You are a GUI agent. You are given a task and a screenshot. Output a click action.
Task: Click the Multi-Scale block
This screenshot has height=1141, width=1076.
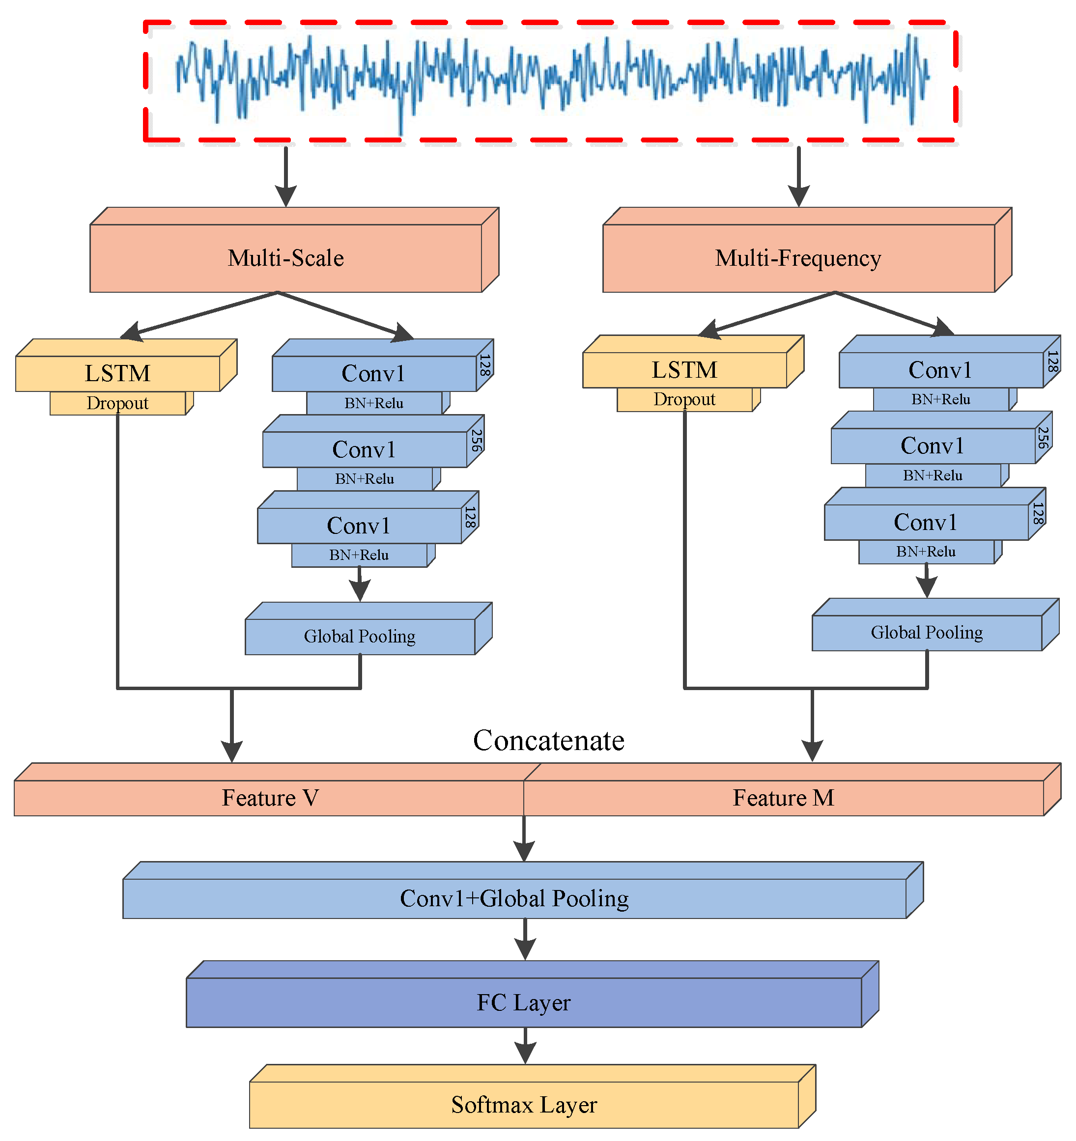coord(285,258)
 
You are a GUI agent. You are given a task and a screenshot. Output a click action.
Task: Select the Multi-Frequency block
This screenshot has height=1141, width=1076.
coord(797,258)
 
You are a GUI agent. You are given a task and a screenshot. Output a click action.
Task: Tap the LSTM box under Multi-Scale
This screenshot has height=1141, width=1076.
coord(118,373)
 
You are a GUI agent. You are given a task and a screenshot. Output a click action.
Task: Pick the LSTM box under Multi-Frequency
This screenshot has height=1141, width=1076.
coord(684,370)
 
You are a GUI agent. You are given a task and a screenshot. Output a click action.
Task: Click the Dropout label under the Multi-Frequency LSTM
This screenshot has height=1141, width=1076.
coord(684,399)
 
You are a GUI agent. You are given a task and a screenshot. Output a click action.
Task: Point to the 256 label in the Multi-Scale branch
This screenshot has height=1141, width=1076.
coord(476,440)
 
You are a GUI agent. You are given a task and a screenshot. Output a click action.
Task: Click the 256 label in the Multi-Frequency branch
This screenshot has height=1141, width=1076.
coord(1043,437)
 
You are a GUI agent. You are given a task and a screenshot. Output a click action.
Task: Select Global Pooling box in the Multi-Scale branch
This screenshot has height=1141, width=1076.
coord(360,636)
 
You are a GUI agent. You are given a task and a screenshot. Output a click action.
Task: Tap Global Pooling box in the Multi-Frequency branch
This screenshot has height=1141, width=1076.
coord(926,632)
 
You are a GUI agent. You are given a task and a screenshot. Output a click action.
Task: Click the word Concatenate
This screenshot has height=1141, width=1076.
coord(548,740)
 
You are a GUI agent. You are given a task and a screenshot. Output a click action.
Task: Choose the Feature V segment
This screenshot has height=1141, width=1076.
coord(269,797)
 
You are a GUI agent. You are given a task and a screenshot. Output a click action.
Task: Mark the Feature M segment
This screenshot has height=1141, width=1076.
coord(783,797)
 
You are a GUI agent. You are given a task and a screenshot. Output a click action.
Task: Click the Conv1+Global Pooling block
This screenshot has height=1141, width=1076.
coord(514,898)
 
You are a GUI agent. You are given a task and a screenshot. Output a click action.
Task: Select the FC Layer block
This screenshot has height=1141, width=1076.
coord(524,1002)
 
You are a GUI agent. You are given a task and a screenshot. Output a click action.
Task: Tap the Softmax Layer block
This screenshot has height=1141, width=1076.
coord(524,1104)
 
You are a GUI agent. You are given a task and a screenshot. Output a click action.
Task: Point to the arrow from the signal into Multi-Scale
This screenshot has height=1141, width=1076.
coord(285,175)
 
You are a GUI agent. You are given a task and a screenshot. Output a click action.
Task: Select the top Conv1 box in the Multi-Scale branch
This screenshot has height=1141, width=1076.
coord(373,373)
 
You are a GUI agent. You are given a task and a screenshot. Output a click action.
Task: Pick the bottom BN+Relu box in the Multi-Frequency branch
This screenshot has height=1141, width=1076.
coord(926,552)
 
